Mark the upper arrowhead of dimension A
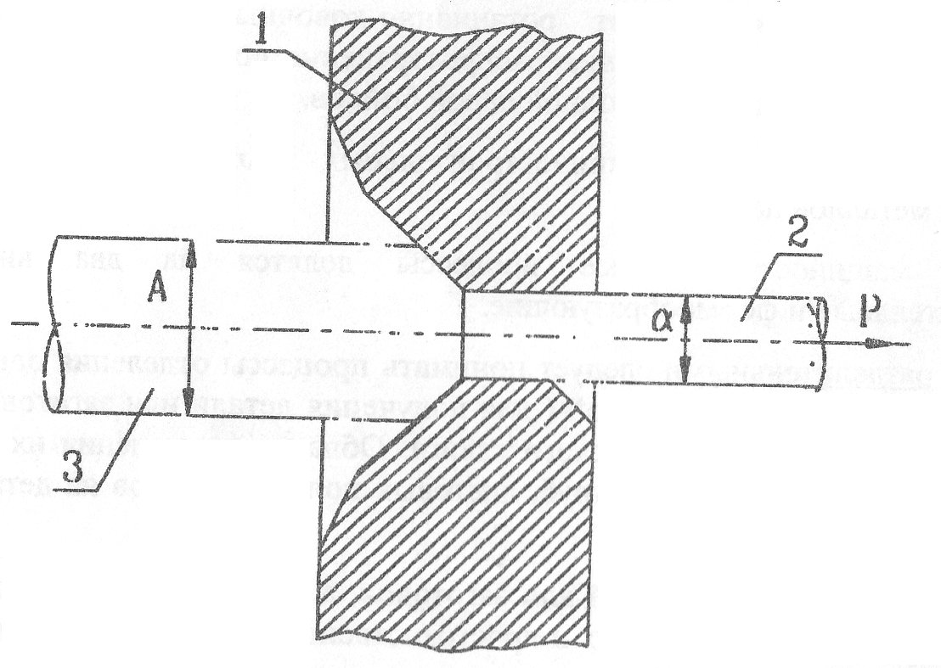189,247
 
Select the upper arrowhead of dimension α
687,303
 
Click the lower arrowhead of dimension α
687,371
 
